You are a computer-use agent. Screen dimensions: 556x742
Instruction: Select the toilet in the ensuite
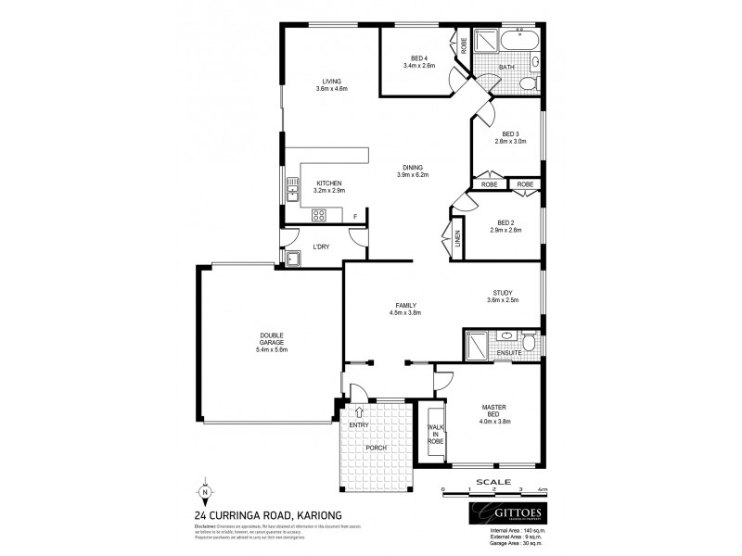(x=528, y=343)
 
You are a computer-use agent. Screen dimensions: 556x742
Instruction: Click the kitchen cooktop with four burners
(x=318, y=215)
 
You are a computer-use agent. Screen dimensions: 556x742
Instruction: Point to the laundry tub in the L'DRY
(x=294, y=259)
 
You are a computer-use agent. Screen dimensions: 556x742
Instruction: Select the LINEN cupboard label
(x=457, y=239)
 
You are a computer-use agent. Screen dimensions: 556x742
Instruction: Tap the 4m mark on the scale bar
(x=543, y=488)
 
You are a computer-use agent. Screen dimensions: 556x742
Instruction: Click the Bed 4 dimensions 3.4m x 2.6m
(x=418, y=65)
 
